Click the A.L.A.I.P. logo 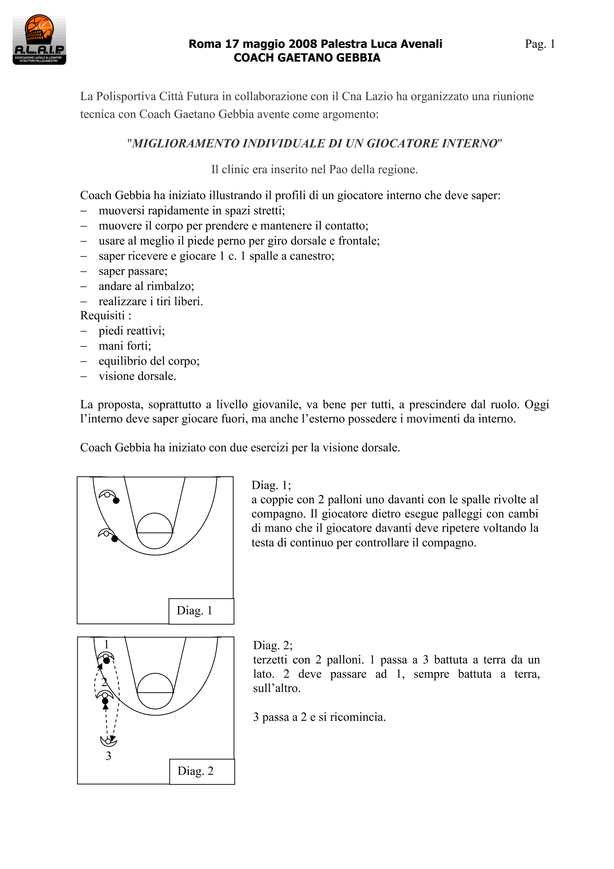point(39,40)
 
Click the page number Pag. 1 point(539,44)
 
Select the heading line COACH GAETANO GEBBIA point(307,58)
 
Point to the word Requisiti point(102,315)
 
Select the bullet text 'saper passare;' point(133,271)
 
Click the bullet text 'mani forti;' point(125,346)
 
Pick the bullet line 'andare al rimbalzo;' point(146,286)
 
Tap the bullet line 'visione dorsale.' point(137,376)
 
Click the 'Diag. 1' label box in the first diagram point(201,611)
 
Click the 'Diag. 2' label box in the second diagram point(201,771)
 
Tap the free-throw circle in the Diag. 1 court point(155,531)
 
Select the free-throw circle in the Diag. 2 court point(155,691)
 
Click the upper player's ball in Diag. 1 point(116,501)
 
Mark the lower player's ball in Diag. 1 point(115,539)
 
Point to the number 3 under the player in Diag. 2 point(108,756)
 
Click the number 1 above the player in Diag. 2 point(106,644)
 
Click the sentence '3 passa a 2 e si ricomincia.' point(319,717)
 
